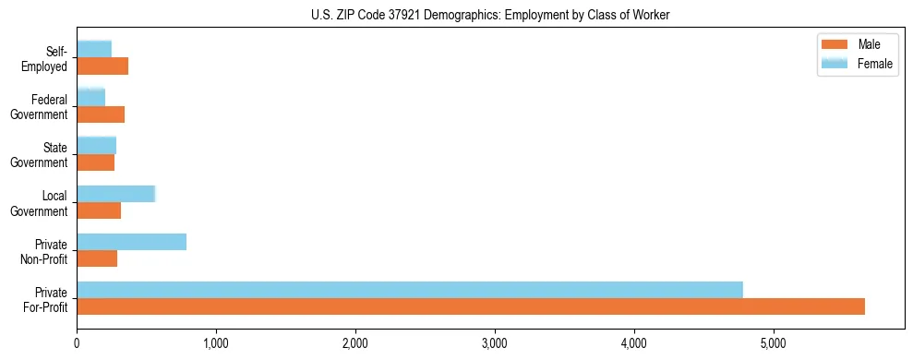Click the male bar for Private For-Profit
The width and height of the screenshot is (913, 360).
point(471,306)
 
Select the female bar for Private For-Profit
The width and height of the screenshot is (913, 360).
point(410,290)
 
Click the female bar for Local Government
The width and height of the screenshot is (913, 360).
point(115,194)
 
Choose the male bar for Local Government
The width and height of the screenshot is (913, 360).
point(99,210)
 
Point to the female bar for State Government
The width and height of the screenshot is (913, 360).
point(96,145)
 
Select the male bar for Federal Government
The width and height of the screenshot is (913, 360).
point(101,114)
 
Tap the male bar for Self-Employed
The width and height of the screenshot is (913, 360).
point(102,66)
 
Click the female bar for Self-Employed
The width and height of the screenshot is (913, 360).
point(94,49)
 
